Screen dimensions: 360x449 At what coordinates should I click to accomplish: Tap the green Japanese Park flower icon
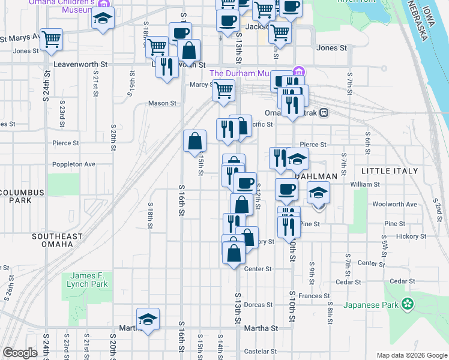pyautogui.click(x=408, y=304)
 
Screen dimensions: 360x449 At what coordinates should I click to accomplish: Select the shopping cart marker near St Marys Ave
pyautogui.click(x=52, y=39)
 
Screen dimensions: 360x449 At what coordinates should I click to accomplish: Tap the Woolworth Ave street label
pyautogui.click(x=394, y=205)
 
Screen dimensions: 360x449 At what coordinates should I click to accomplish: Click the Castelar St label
pyautogui.click(x=259, y=352)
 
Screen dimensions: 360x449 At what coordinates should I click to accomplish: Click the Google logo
pyautogui.click(x=19, y=353)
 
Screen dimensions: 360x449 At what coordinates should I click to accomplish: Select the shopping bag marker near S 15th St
pyautogui.click(x=195, y=142)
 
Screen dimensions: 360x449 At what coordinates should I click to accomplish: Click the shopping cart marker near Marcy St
pyautogui.click(x=223, y=91)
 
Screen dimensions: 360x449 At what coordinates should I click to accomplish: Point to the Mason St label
pyautogui.click(x=162, y=103)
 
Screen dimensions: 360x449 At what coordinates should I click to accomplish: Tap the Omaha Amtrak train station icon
pyautogui.click(x=324, y=113)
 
